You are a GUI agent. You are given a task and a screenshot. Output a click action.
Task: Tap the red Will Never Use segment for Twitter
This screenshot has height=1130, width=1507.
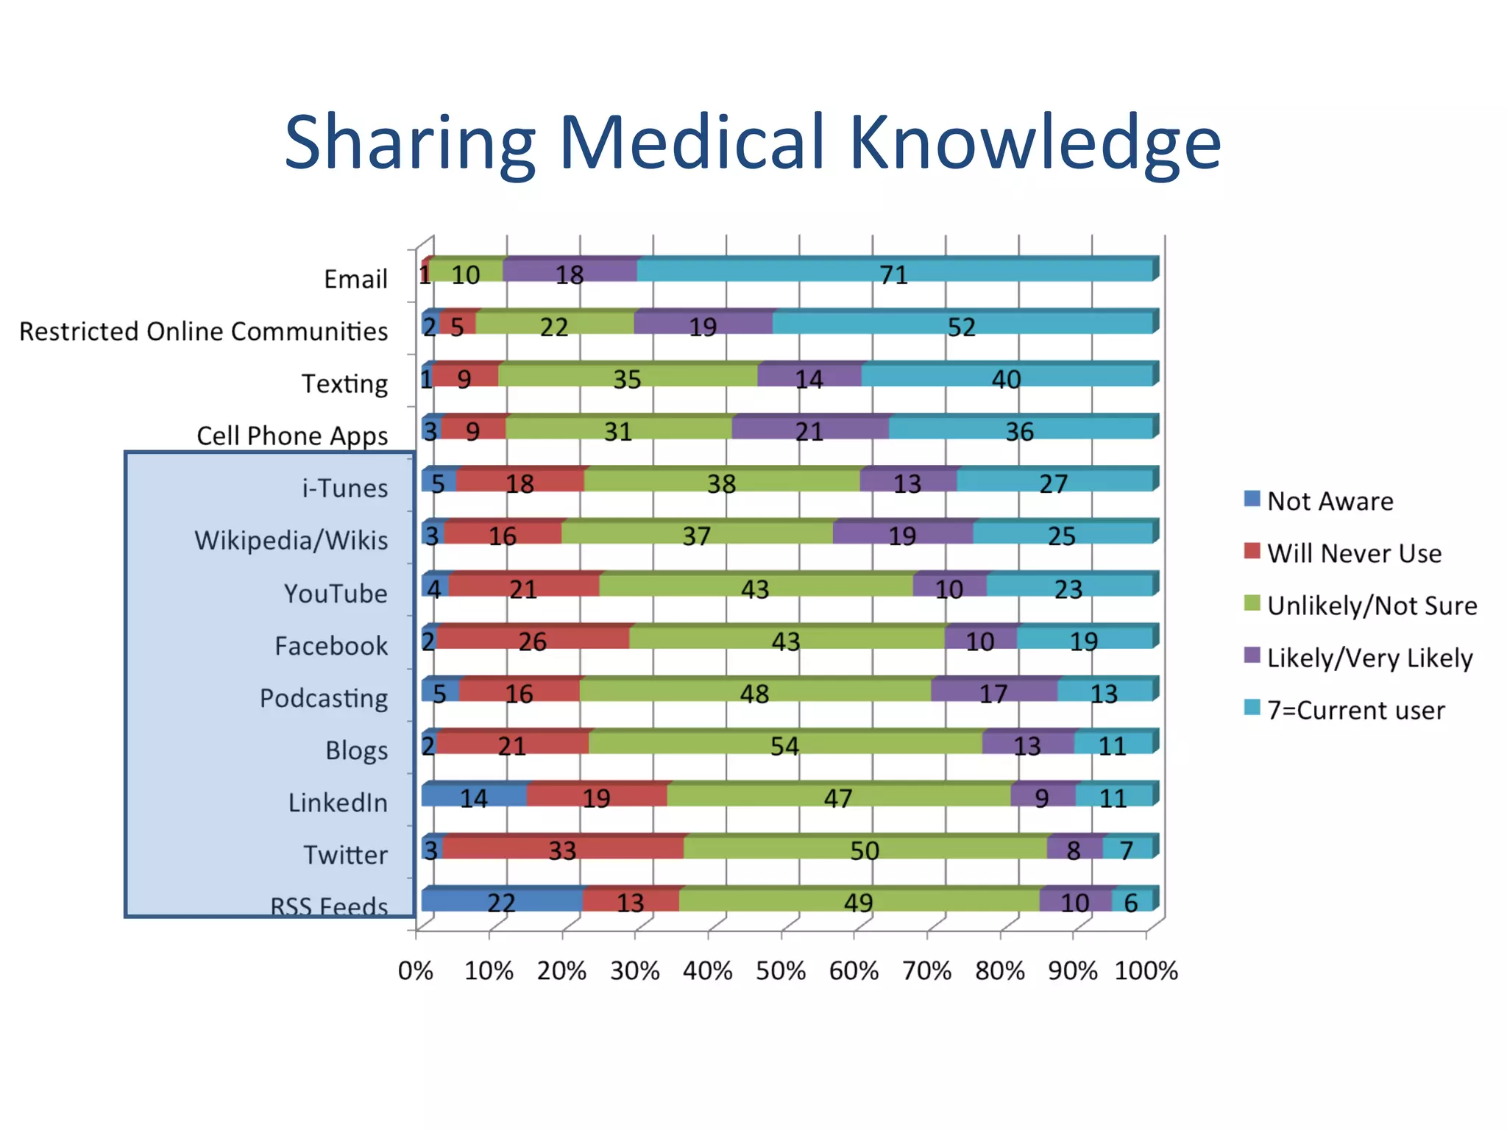[563, 847]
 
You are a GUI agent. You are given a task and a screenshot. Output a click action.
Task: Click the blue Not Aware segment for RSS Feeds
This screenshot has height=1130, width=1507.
[502, 900]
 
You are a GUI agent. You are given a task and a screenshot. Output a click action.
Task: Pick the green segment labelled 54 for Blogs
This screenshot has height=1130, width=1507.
[785, 743]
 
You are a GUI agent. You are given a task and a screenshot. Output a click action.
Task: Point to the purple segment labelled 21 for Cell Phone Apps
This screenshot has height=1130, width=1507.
[809, 428]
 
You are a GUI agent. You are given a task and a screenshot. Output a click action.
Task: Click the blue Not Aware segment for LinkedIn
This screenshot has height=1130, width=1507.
[474, 796]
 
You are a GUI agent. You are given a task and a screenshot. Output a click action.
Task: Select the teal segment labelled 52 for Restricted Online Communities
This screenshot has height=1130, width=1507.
[962, 324]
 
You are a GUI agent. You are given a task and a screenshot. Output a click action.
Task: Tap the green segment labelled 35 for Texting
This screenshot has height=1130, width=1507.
[628, 376]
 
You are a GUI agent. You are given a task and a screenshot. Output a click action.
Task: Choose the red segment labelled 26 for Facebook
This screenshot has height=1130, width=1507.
[533, 639]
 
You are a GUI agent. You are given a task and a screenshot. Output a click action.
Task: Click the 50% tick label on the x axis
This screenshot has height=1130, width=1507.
[780, 971]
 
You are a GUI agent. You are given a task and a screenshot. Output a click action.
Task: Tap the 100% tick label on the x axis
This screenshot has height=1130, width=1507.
[1146, 971]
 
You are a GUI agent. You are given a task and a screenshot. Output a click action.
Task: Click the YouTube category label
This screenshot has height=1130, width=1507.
[336, 593]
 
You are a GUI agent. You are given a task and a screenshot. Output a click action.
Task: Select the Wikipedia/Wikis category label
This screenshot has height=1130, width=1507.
[291, 541]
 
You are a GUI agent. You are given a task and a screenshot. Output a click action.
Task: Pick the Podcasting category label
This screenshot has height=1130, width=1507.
[324, 697]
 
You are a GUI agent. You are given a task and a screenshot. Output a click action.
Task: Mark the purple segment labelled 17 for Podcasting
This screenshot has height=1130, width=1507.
[993, 691]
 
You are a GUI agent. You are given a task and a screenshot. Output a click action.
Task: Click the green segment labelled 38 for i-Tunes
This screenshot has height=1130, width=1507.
[722, 481]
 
